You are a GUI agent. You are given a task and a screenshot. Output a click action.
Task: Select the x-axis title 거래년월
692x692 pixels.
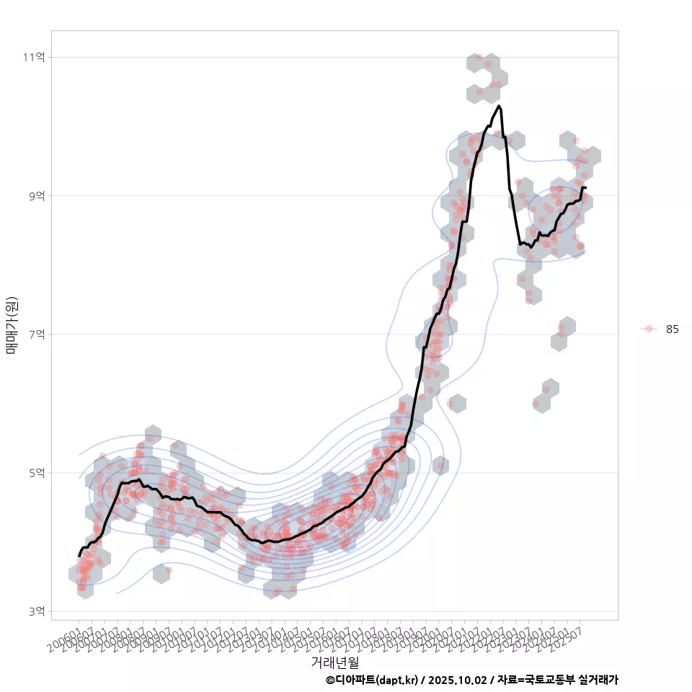pyautogui.click(x=334, y=662)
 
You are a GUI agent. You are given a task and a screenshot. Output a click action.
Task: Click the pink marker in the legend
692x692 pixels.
pyautogui.click(x=649, y=329)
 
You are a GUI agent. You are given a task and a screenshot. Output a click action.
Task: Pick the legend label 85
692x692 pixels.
pyautogui.click(x=672, y=329)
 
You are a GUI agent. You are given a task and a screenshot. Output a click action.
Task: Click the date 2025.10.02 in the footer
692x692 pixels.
pyautogui.click(x=455, y=680)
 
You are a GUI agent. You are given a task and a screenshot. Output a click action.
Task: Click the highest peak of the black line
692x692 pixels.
pyautogui.click(x=499, y=106)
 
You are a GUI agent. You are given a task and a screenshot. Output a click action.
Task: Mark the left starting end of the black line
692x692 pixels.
pyautogui.click(x=79, y=556)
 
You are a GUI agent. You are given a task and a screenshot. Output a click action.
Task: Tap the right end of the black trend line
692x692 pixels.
pyautogui.click(x=585, y=187)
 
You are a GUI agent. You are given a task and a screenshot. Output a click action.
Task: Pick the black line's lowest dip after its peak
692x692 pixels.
pyautogui.click(x=531, y=247)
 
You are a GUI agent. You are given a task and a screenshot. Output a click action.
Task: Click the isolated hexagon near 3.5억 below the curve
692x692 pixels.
pyautogui.click(x=161, y=574)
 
